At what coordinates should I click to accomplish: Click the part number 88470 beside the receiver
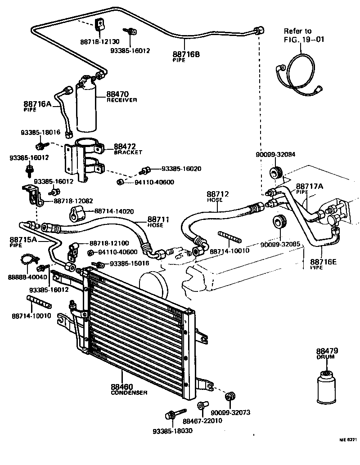[x=117, y=94]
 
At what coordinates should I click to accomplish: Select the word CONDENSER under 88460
[x=129, y=393]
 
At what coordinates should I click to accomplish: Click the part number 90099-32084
[x=275, y=155]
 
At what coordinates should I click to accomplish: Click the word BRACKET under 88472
[x=128, y=152]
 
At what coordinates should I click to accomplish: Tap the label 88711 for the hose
[x=156, y=219]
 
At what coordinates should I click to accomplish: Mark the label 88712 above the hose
[x=218, y=194]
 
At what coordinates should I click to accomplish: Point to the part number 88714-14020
[x=115, y=210]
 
